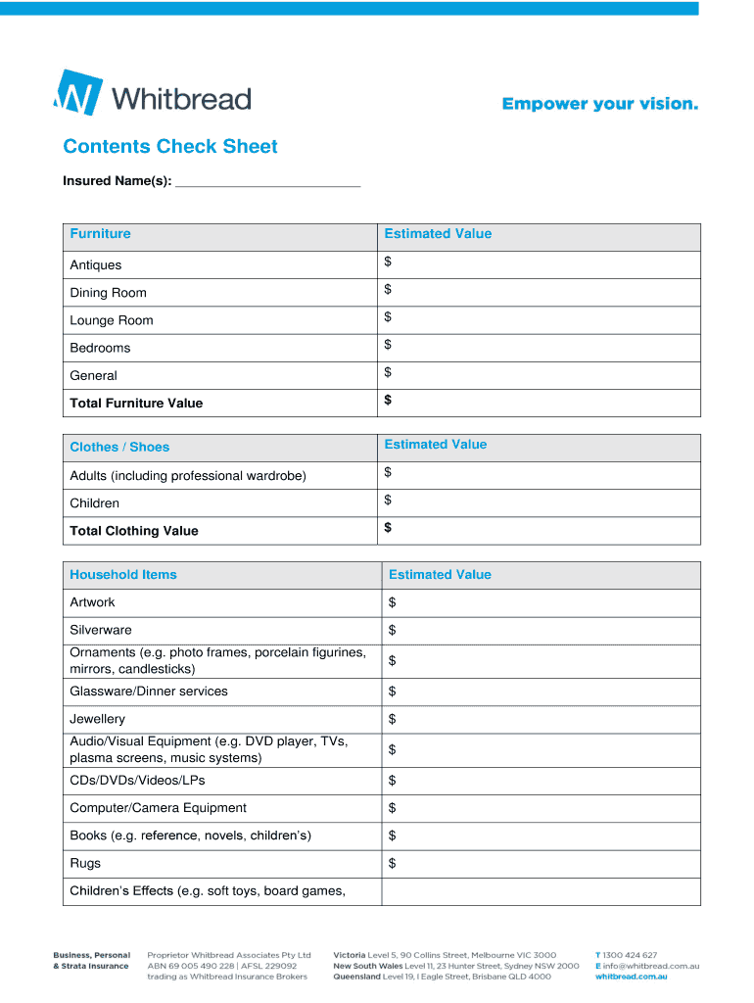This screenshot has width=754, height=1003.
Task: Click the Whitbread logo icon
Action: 77,94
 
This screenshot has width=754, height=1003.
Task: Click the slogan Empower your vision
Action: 600,104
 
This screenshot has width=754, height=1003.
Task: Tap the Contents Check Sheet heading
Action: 170,147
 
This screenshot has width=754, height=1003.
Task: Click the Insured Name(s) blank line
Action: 267,182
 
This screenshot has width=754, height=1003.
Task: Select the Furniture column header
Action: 100,234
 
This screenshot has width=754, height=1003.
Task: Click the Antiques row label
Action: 96,265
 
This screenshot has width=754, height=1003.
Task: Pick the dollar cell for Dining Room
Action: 538,291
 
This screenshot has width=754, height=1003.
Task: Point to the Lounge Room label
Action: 112,320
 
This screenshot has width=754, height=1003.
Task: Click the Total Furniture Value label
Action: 136,403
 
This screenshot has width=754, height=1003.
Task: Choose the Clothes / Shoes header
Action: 119,447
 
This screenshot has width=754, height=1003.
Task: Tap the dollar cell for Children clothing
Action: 538,501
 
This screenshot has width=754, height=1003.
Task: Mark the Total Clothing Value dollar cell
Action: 538,529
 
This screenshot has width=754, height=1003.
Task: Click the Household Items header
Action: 123,575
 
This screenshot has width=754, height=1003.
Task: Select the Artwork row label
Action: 92,602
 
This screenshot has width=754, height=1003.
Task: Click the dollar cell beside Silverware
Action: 540,630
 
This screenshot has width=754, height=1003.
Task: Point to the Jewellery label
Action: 98,719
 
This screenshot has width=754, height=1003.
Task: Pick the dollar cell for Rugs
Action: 540,863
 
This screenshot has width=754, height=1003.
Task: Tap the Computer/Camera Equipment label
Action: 158,808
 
